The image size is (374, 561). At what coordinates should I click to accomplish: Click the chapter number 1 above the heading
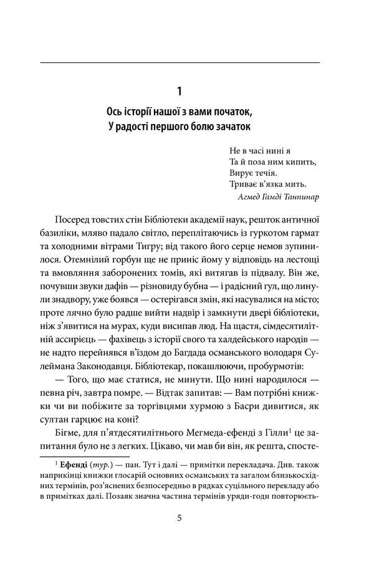point(180,92)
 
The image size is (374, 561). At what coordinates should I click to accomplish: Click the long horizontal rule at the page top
point(180,62)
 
